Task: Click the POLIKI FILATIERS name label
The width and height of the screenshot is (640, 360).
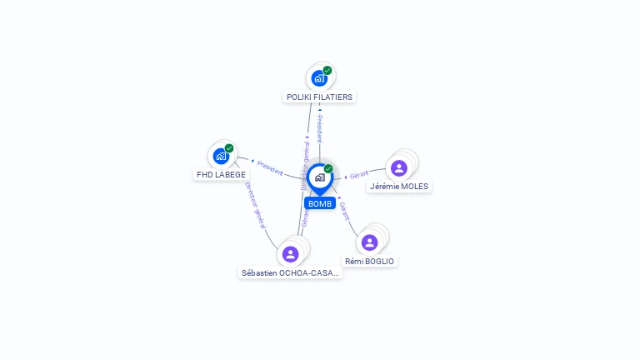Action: tap(320, 97)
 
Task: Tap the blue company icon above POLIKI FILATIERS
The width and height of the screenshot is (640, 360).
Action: tap(318, 78)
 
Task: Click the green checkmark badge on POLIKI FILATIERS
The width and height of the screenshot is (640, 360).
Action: tap(327, 71)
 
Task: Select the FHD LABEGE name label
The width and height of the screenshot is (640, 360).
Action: tap(221, 174)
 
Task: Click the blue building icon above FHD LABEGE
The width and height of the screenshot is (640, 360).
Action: tap(221, 156)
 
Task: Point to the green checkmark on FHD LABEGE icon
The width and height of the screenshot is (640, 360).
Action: tap(229, 148)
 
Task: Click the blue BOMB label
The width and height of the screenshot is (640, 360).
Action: tap(320, 203)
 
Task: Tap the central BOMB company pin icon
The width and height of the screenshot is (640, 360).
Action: tap(319, 177)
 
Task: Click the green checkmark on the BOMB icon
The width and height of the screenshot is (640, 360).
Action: tap(328, 169)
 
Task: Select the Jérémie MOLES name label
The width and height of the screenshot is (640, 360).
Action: tap(399, 186)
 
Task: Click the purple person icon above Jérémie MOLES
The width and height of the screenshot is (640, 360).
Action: tap(399, 167)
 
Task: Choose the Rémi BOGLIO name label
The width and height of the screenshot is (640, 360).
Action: tap(370, 261)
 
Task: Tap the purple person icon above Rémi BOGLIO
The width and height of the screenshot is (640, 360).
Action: tap(370, 242)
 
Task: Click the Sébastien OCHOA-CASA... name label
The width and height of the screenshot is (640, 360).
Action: tap(290, 272)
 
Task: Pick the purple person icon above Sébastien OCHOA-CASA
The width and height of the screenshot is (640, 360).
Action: tap(290, 253)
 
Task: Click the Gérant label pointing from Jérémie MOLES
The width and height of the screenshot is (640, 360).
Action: tap(359, 175)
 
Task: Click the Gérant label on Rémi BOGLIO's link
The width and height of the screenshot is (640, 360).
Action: tap(344, 210)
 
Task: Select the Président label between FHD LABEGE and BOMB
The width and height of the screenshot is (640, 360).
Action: tap(270, 167)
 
